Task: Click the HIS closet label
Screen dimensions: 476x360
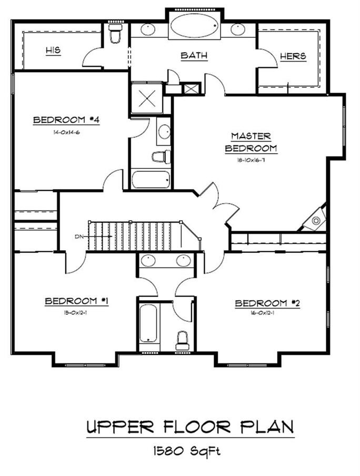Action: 53,51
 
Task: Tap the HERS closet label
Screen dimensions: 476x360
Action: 293,56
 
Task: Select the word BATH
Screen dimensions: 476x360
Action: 194,55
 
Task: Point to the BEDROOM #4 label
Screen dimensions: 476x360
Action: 66,120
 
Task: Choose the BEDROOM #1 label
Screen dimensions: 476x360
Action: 76,301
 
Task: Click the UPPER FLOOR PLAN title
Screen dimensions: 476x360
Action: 189,427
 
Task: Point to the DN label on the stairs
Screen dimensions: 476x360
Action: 79,236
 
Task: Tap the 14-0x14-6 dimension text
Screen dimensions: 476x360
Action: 66,132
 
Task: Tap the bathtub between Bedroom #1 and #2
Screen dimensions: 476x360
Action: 148,325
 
